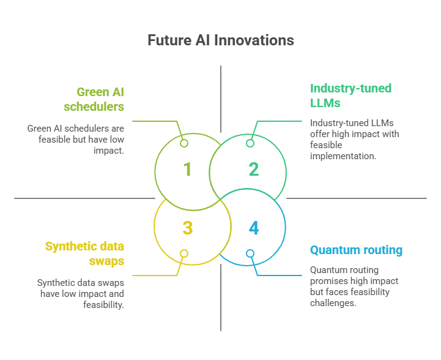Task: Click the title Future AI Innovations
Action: click(220, 40)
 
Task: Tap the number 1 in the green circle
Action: click(187, 169)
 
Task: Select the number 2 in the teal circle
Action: click(254, 169)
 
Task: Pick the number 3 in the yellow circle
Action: click(187, 228)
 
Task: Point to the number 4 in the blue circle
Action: click(254, 228)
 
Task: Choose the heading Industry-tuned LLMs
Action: click(350, 96)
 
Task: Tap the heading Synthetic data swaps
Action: click(84, 254)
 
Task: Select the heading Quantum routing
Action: click(356, 250)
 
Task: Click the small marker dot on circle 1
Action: click(184, 143)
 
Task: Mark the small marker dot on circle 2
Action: click(250, 143)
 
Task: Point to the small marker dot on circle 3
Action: click(184, 253)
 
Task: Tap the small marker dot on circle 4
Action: click(250, 253)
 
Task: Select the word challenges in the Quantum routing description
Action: click(333, 302)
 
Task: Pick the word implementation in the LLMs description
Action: click(343, 156)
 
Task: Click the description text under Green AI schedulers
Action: click(75, 140)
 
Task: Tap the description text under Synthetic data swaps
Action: click(80, 293)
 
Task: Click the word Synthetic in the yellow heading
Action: click(70, 247)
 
